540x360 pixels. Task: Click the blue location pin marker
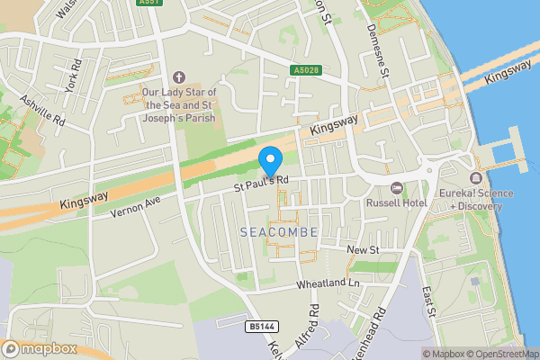point(271,161)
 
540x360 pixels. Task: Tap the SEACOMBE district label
point(279,232)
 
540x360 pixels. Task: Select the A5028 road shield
point(305,69)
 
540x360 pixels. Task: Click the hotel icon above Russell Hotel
point(398,187)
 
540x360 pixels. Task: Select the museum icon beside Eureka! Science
point(476,176)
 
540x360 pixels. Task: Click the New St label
point(364,247)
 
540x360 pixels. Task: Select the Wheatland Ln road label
point(328,284)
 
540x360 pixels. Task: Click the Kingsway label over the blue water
point(508,74)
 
